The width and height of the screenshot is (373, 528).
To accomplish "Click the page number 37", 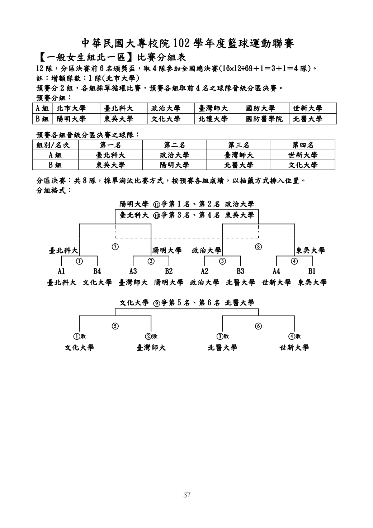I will tap(186, 495).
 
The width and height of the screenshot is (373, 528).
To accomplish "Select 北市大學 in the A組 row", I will tap(71, 108).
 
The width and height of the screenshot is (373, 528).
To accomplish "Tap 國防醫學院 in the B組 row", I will tap(264, 119).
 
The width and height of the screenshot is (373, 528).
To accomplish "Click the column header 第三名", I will tap(239, 145).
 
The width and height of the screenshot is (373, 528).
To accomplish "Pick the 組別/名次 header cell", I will tap(53, 145).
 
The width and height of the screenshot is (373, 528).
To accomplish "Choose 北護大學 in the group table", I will tap(213, 119).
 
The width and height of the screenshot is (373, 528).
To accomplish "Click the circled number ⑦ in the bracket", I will tap(115, 247).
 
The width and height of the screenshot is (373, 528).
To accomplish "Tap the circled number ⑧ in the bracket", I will tap(258, 247).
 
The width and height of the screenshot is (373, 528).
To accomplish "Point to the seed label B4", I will tap(97, 271).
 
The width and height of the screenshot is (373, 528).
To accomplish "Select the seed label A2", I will tap(204, 271).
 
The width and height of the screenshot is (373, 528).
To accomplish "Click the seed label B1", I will tap(312, 271).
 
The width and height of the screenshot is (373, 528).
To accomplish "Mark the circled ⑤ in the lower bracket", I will tap(115, 326).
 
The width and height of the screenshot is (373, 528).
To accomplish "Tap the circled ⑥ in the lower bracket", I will tap(258, 326).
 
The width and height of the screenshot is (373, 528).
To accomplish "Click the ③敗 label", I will tap(222, 336).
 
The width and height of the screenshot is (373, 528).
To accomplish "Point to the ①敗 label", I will tap(79, 336).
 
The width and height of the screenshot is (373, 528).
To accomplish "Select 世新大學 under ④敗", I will tap(294, 348).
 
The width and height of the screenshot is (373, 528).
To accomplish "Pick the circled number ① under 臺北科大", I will tap(79, 261).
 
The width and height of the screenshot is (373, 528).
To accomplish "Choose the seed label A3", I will tap(133, 271).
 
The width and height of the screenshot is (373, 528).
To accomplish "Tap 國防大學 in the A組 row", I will tap(261, 108).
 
